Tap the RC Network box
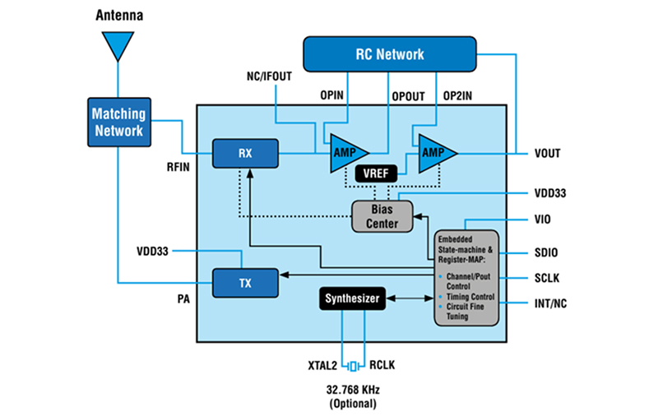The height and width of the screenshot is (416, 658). [x=390, y=54]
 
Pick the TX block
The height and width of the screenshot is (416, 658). [x=246, y=282]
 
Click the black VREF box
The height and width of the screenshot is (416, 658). [x=376, y=173]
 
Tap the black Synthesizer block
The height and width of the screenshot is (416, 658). [x=351, y=300]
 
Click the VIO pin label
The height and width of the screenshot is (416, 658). [x=543, y=220]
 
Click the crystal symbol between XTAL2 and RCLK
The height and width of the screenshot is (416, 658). [x=352, y=366]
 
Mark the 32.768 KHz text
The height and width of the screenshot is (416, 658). [x=352, y=390]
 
